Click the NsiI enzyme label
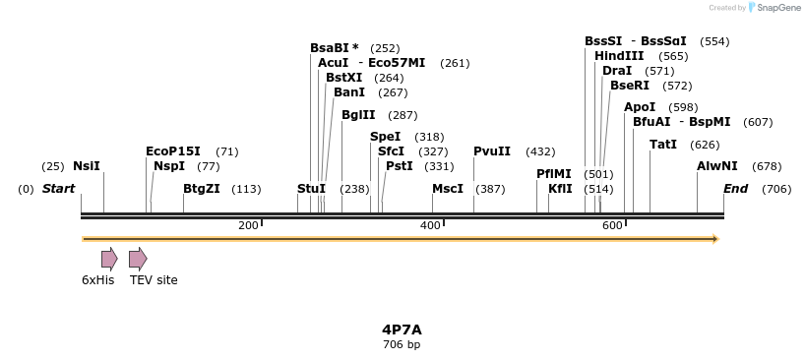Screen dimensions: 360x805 (x=87, y=166)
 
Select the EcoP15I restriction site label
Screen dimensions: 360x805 (x=172, y=151)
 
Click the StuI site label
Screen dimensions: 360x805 (x=311, y=189)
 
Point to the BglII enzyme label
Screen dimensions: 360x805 (x=358, y=115)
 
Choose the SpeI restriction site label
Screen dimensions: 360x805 (x=385, y=137)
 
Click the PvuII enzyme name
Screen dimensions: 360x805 (x=492, y=151)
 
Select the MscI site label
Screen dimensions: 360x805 (x=448, y=189)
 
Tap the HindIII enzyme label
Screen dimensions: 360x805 (x=619, y=56)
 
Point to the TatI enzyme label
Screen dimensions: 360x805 (x=663, y=145)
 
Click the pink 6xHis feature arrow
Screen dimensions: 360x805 (x=109, y=259)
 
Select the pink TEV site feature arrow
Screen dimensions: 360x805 (x=138, y=259)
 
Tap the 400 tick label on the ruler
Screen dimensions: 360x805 (x=430, y=226)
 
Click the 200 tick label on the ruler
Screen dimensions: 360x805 (x=248, y=226)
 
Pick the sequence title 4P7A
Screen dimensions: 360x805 (x=402, y=330)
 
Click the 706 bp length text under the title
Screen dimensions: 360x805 (x=402, y=345)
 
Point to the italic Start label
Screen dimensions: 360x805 (x=58, y=189)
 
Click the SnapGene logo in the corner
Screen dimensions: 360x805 (x=776, y=8)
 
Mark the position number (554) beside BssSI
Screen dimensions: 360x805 (x=714, y=41)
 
